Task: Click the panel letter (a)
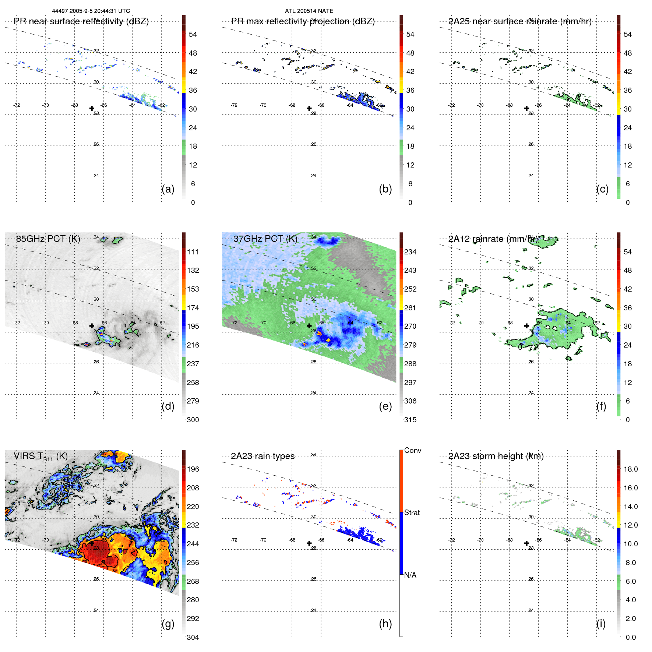point(168,189)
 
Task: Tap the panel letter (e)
point(385,406)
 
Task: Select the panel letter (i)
point(601,624)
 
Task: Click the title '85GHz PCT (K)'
point(48,239)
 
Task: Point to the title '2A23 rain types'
point(262,456)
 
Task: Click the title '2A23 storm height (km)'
point(496,456)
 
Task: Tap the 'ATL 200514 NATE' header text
point(309,11)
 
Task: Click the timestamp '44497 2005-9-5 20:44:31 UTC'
point(91,11)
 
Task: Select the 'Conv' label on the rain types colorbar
point(413,450)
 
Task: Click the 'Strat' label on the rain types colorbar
point(412,512)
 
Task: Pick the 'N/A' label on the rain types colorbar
point(410,575)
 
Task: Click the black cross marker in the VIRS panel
point(92,543)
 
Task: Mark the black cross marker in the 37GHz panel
point(309,326)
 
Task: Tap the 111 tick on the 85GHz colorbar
point(193,252)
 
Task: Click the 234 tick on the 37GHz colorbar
point(410,252)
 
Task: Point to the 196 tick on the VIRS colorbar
point(193,469)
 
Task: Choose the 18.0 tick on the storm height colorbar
point(631,469)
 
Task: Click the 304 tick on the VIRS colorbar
point(193,637)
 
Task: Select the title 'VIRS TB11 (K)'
point(40,457)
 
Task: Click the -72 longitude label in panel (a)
point(17,105)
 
